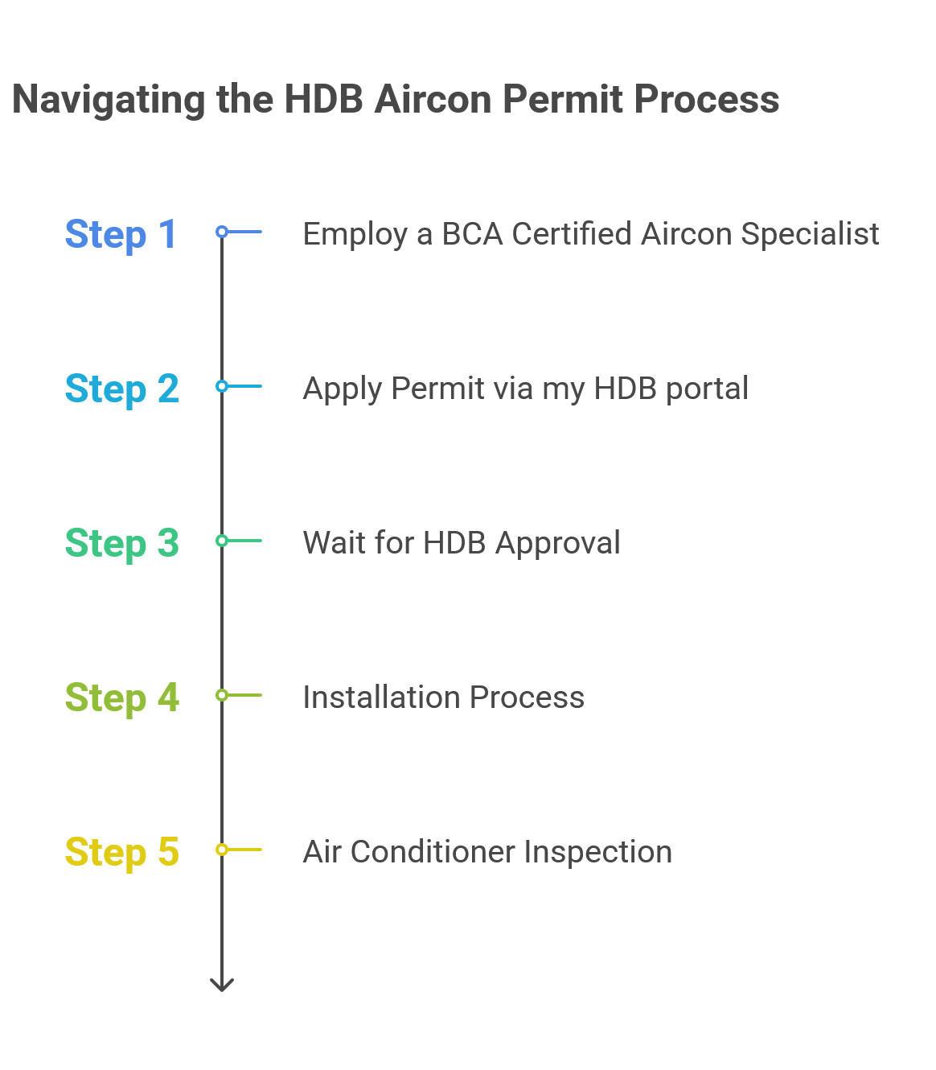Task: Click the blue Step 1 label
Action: click(x=121, y=235)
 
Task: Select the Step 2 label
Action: click(x=121, y=389)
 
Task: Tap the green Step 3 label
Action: click(x=121, y=544)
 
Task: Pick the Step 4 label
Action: click(x=121, y=698)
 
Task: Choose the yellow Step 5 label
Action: click(x=121, y=853)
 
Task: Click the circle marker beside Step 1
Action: click(x=222, y=232)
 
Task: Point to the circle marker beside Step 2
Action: click(x=222, y=386)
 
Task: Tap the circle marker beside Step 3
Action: click(x=222, y=541)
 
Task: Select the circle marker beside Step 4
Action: click(x=222, y=695)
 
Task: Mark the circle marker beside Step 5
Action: click(x=222, y=850)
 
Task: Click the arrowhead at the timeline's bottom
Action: click(x=222, y=984)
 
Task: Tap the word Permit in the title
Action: click(x=562, y=100)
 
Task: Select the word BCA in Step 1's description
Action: click(x=471, y=234)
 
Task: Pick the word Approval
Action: click(x=557, y=544)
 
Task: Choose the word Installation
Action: click(x=380, y=698)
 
